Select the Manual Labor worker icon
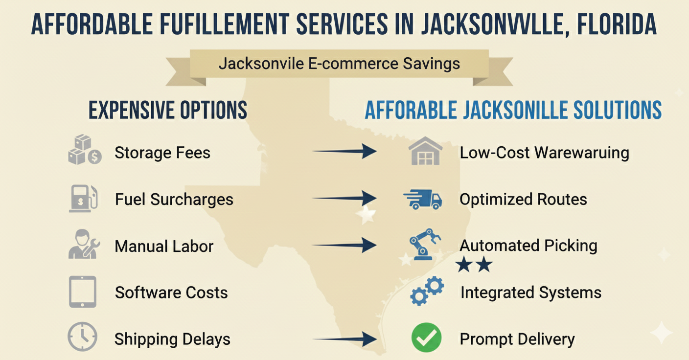(x=84, y=244)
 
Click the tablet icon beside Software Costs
(x=83, y=292)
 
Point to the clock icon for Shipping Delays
(x=82, y=337)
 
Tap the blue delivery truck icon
(x=423, y=199)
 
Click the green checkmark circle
(x=426, y=338)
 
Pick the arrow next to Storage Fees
(x=344, y=151)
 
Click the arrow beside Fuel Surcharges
(x=344, y=198)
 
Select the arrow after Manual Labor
(x=344, y=245)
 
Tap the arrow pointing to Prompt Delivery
(x=344, y=338)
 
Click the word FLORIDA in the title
(x=617, y=24)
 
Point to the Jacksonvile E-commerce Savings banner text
(x=339, y=64)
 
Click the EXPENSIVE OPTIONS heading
(x=168, y=111)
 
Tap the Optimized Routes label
(x=523, y=199)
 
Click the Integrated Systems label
(x=530, y=292)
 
